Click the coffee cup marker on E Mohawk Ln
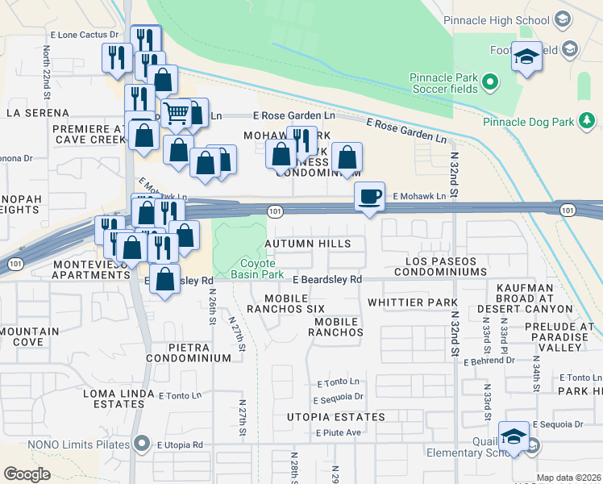tap(370, 197)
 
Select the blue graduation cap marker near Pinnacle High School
tap(526, 57)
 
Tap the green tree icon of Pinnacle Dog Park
tap(588, 122)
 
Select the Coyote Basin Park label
tap(252, 269)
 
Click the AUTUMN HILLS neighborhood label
tap(308, 244)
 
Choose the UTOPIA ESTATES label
tap(336, 417)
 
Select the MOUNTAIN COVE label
tap(29, 336)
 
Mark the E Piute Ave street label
tap(338, 433)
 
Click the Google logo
tap(27, 474)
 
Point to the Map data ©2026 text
tap(568, 478)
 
